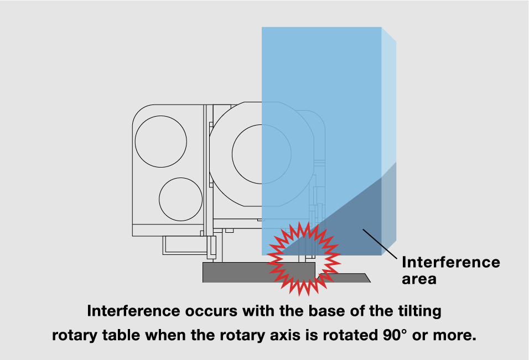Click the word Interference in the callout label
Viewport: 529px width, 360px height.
[450, 262]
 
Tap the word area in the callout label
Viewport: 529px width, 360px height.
[419, 279]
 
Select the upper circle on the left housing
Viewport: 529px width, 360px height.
[161, 140]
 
